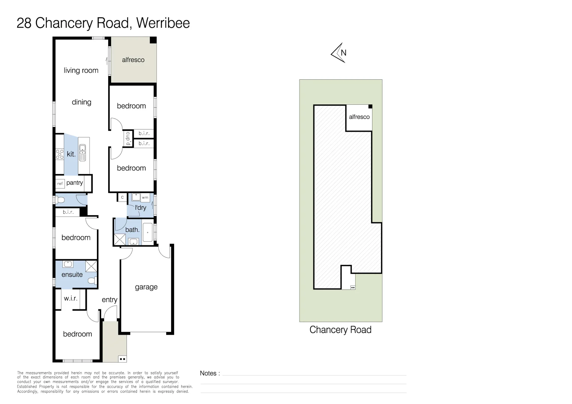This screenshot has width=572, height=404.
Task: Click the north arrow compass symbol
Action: point(338,53)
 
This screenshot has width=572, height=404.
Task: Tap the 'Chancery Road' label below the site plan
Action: point(340,330)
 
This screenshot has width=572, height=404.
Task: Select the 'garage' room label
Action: point(146,287)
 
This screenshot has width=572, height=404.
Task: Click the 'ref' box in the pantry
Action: point(60,183)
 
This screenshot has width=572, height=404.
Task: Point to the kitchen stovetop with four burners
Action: point(60,154)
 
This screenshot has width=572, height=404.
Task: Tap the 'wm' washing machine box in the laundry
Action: point(145,197)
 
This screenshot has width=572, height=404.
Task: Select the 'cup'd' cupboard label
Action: point(128,139)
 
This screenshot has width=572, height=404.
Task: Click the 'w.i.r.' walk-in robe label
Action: point(70,298)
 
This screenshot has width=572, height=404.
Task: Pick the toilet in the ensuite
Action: point(92,280)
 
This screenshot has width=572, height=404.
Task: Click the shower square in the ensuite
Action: point(91,266)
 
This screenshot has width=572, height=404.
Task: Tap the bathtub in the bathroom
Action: point(148,233)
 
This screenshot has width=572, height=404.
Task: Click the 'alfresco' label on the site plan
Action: point(359,117)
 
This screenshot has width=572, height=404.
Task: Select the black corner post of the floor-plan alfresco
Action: point(153,40)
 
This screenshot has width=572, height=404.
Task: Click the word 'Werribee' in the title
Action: point(163,23)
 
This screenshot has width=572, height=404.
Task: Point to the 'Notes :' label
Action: point(210,373)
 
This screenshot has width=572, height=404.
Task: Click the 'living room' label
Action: point(81,70)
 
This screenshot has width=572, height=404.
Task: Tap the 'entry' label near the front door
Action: point(109,300)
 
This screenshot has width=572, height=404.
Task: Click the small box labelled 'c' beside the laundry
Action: point(122,197)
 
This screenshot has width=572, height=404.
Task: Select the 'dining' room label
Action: point(81,102)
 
